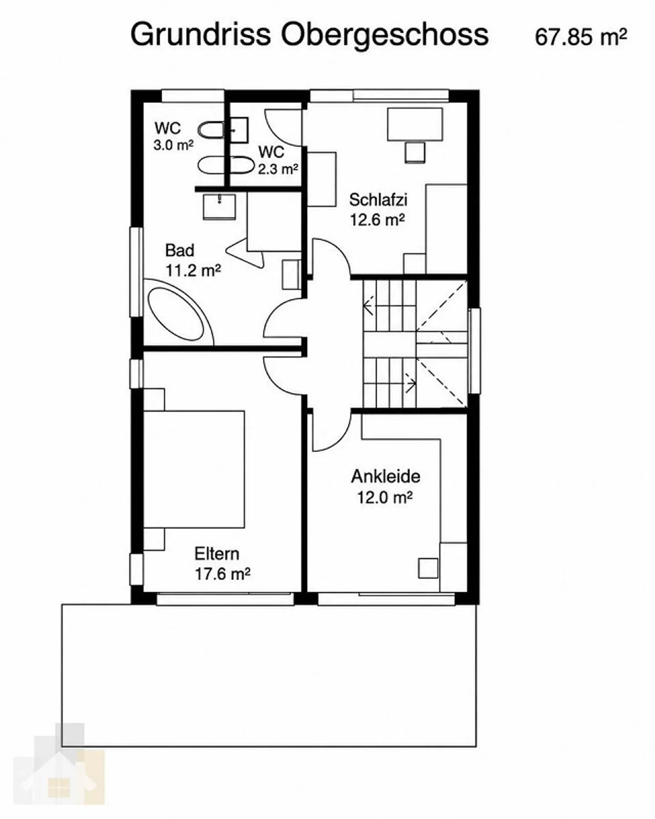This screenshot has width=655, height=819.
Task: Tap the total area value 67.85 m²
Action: coord(581,37)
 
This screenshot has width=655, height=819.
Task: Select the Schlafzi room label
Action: coord(378,199)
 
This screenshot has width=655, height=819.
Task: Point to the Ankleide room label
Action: coord(385,476)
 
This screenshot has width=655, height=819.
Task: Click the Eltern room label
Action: coord(217,554)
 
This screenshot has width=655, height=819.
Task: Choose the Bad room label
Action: coord(180,250)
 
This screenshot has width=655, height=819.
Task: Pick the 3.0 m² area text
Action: coord(173,146)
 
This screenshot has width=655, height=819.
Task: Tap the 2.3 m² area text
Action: coord(278,169)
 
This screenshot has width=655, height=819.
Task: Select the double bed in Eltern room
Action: coord(194,470)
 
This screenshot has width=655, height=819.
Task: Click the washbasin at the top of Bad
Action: coord(219,207)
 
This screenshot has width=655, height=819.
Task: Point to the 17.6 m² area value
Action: coord(222,574)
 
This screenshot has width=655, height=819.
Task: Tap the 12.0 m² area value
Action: coord(384,497)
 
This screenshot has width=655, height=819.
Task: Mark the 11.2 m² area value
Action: coord(193,271)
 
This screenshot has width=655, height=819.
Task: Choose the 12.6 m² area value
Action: coord(377,220)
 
